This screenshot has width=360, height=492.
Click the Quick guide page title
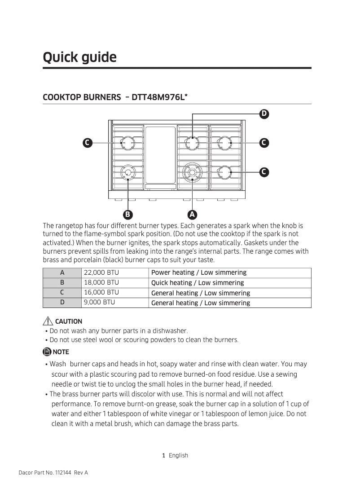click(x=79, y=57)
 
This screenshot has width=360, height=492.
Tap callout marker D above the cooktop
click(x=264, y=114)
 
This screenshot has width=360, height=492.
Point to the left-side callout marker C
click(x=87, y=143)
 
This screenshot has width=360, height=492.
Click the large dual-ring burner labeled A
click(x=193, y=172)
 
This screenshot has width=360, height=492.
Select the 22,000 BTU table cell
click(x=101, y=272)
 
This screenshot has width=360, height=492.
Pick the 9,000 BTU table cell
click(x=100, y=303)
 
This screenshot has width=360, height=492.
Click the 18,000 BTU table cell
click(x=101, y=283)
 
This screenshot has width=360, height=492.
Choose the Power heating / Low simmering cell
click(x=199, y=272)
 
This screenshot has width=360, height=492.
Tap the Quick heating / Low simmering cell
click(x=198, y=283)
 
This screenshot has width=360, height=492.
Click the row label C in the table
click(x=62, y=293)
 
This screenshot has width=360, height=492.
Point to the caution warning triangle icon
click(x=48, y=321)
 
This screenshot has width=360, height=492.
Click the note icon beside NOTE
click(x=47, y=351)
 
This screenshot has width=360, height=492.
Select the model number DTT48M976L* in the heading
click(x=160, y=97)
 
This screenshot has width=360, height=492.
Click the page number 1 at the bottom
click(x=164, y=455)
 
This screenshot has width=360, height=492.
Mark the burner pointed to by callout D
click(x=193, y=143)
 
